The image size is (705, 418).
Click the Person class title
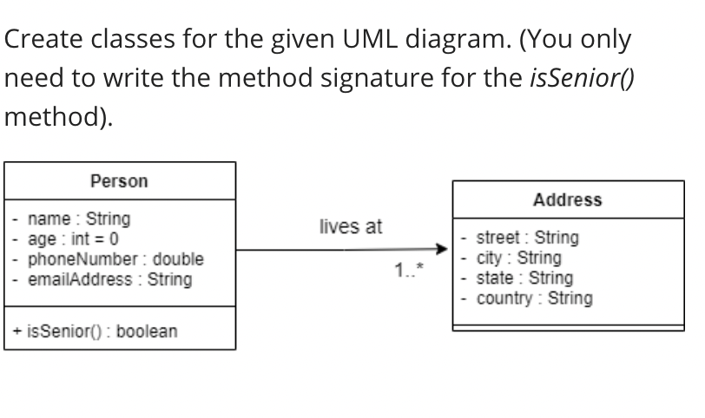click(119, 181)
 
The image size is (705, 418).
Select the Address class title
click(567, 199)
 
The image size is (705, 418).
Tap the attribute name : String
click(79, 218)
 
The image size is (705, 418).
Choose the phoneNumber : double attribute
click(115, 258)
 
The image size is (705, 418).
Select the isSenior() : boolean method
click(96, 331)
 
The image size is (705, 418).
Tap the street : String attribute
click(528, 237)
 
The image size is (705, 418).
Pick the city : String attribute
click(519, 258)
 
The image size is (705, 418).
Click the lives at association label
click(350, 227)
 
